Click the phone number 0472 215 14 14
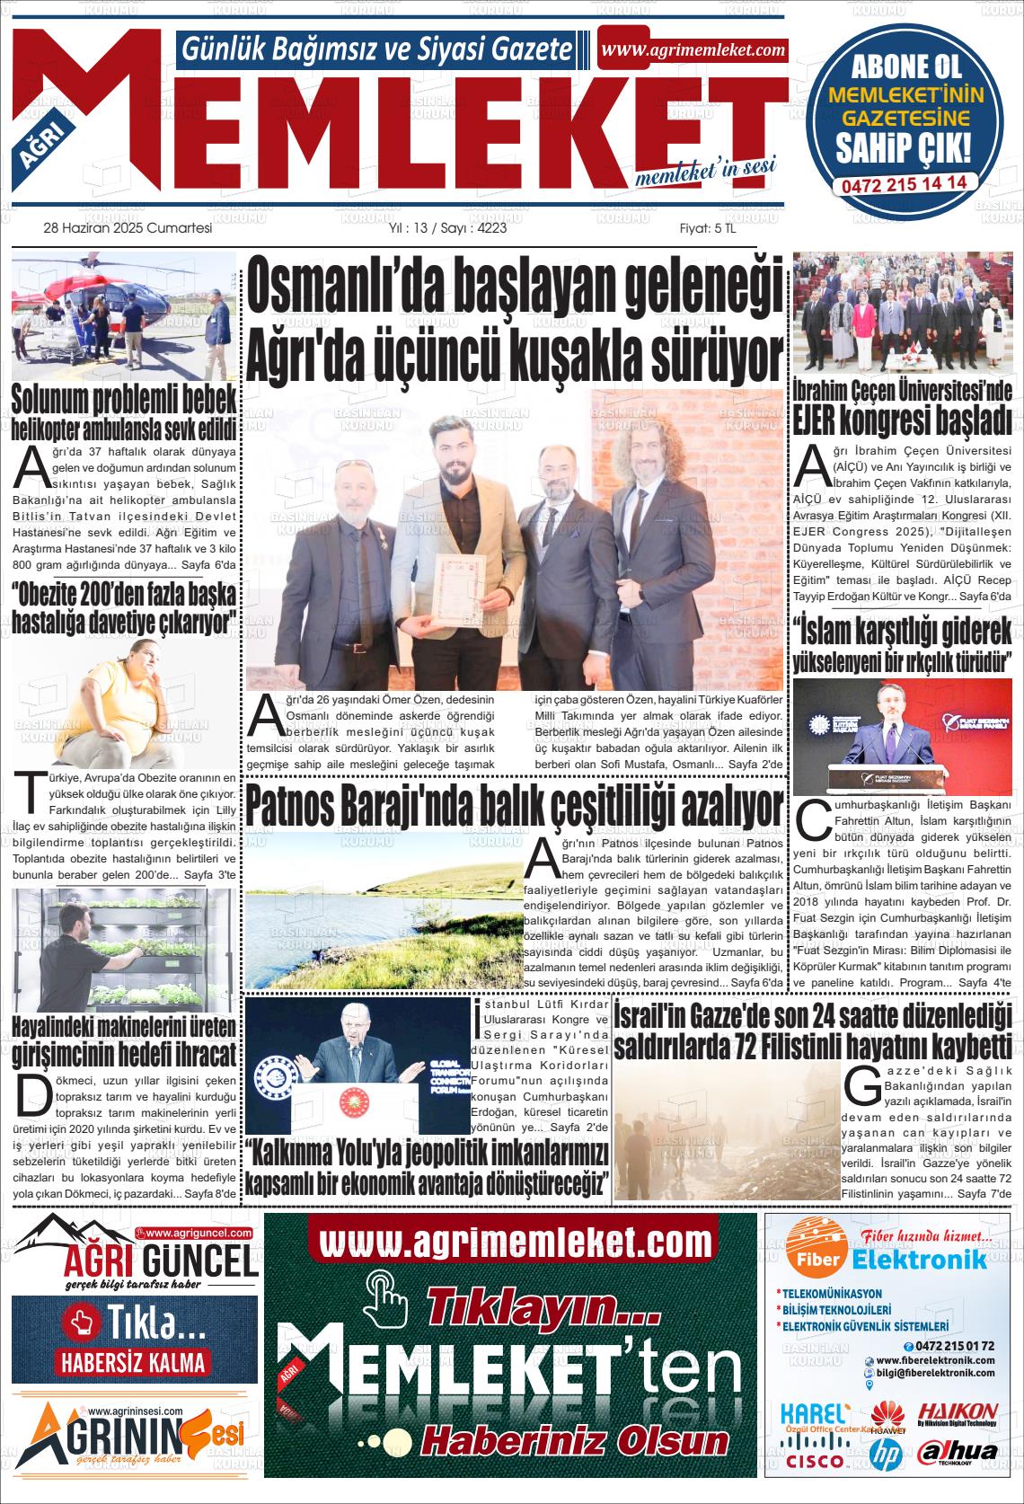905,182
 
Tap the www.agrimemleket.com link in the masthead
693,50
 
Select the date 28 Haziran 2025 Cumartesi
128,228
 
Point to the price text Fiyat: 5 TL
708,228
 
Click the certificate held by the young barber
458,588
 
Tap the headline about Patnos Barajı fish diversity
515,808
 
